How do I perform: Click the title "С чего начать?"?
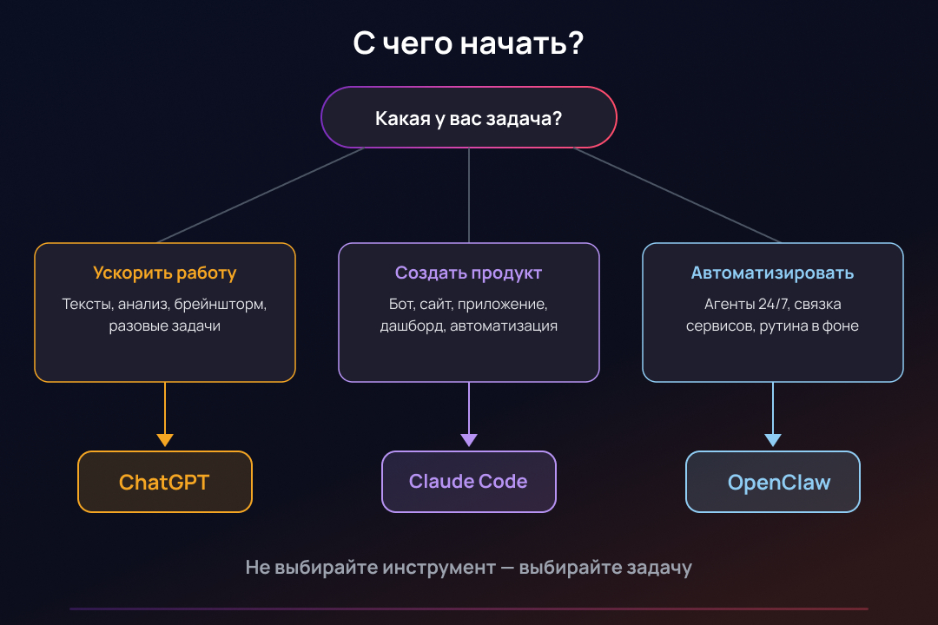click(468, 43)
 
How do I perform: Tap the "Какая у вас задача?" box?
click(469, 118)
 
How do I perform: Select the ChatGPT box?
click(165, 482)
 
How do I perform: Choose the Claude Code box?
click(469, 482)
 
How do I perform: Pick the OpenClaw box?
click(773, 482)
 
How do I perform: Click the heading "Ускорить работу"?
click(165, 273)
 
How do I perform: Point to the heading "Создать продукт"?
click(469, 273)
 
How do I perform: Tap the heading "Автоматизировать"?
click(773, 273)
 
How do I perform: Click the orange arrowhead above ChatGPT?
click(165, 439)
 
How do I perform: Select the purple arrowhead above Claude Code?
click(469, 439)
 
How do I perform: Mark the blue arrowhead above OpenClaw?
click(773, 439)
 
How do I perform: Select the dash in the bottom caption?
click(508, 569)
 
